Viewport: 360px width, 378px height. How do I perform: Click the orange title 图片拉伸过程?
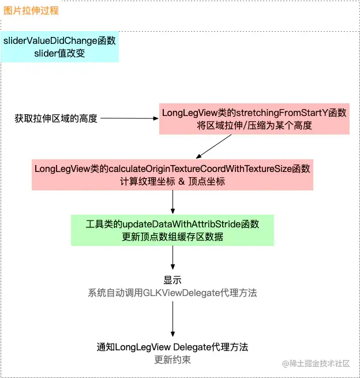pyautogui.click(x=31, y=11)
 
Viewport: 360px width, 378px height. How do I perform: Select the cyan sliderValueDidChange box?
pyautogui.click(x=60, y=47)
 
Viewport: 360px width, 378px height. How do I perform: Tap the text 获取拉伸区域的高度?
pyautogui.click(x=56, y=118)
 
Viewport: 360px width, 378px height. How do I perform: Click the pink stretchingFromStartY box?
pyautogui.click(x=254, y=119)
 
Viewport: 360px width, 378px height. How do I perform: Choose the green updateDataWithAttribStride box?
pyautogui.click(x=172, y=230)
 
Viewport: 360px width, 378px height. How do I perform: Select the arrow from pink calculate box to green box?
pyautogui.click(x=172, y=202)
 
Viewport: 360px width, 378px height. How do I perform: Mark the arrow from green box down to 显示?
pyautogui.click(x=172, y=258)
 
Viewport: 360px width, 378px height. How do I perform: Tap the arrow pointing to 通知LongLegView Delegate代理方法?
pyautogui.click(x=172, y=319)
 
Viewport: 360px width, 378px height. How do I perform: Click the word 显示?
pyautogui.click(x=172, y=280)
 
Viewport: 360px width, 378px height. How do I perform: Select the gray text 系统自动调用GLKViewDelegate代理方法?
pyautogui.click(x=172, y=293)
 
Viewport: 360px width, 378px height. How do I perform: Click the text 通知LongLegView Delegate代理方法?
pyautogui.click(x=172, y=347)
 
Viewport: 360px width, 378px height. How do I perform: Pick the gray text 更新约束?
pyautogui.click(x=172, y=360)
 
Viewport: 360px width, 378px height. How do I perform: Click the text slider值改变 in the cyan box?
pyautogui.click(x=60, y=53)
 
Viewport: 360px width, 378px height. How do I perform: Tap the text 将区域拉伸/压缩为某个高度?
pyautogui.click(x=254, y=125)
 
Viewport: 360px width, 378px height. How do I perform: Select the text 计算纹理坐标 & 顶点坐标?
pyautogui.click(x=173, y=181)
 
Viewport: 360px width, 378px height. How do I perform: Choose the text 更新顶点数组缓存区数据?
pyautogui.click(x=172, y=237)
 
